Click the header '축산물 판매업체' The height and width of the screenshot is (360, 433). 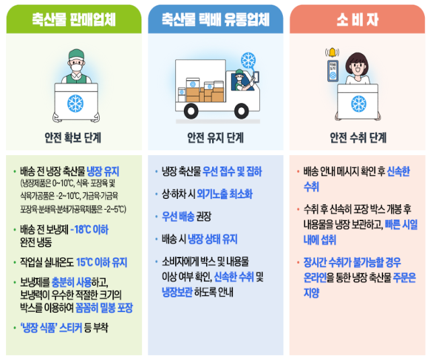73,20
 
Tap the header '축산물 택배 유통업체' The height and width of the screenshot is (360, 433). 215,20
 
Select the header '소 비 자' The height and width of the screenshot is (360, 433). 358,20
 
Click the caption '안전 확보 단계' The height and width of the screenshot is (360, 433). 73,138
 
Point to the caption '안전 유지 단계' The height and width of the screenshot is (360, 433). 215,138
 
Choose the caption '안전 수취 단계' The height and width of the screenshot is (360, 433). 358,138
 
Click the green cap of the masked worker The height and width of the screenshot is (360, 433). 76,54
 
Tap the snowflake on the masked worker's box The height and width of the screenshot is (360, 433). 75,103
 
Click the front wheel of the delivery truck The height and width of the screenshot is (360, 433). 241,111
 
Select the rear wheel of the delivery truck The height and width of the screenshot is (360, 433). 191,111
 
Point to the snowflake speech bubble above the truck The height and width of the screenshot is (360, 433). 248,60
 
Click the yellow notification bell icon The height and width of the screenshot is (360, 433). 332,52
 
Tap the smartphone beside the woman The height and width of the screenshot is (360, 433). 333,71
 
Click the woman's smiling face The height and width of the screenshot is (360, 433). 358,67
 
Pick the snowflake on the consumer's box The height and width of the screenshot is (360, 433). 359,104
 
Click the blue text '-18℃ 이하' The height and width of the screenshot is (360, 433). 90,229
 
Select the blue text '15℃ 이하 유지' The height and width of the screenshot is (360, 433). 102,262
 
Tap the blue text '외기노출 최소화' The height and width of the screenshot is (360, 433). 225,194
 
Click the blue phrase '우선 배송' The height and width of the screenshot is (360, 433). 178,216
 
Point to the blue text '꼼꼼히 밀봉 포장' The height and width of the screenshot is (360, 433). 104,307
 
